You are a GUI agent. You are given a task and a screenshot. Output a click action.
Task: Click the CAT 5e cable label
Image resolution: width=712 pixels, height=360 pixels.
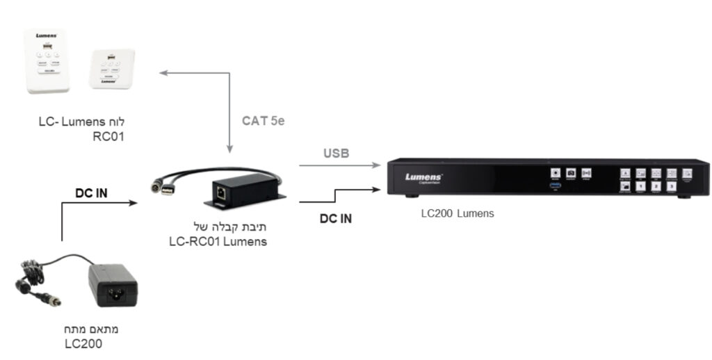[264, 121]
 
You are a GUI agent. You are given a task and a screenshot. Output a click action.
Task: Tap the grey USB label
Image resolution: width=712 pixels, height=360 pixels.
[336, 153]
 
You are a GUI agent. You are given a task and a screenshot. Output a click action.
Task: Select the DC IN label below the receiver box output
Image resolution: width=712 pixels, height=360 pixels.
[336, 218]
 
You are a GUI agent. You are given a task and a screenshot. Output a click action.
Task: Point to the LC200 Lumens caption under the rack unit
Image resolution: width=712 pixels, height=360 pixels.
[458, 213]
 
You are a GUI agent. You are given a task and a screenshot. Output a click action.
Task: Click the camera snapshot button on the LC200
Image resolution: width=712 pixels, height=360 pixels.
[571, 172]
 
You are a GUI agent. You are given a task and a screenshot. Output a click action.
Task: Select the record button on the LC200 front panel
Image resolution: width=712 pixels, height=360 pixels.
[556, 172]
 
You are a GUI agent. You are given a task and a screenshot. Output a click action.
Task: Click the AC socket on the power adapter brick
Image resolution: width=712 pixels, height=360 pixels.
[113, 295]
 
